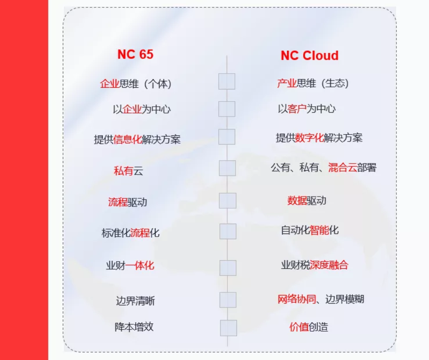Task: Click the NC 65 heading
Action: pos(135,54)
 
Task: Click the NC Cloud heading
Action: pos(309,55)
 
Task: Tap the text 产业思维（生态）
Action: pos(313,83)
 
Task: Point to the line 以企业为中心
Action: pos(142,109)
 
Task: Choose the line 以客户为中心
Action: pos(306,109)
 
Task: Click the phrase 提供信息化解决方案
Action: pos(137,139)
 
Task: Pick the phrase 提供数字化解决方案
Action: pos(319,138)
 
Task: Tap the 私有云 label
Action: pos(129,171)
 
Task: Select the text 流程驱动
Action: pos(128,202)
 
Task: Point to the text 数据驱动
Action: pos(306,201)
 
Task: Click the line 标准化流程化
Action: pos(131,233)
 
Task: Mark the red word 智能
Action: pos(319,230)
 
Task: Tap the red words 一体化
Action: pos(140,265)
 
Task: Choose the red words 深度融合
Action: pos(329,265)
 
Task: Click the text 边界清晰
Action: pos(135,301)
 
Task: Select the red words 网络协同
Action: pos(297,299)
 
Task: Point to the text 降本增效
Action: pos(134,327)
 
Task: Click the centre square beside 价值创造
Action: pos(228,328)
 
